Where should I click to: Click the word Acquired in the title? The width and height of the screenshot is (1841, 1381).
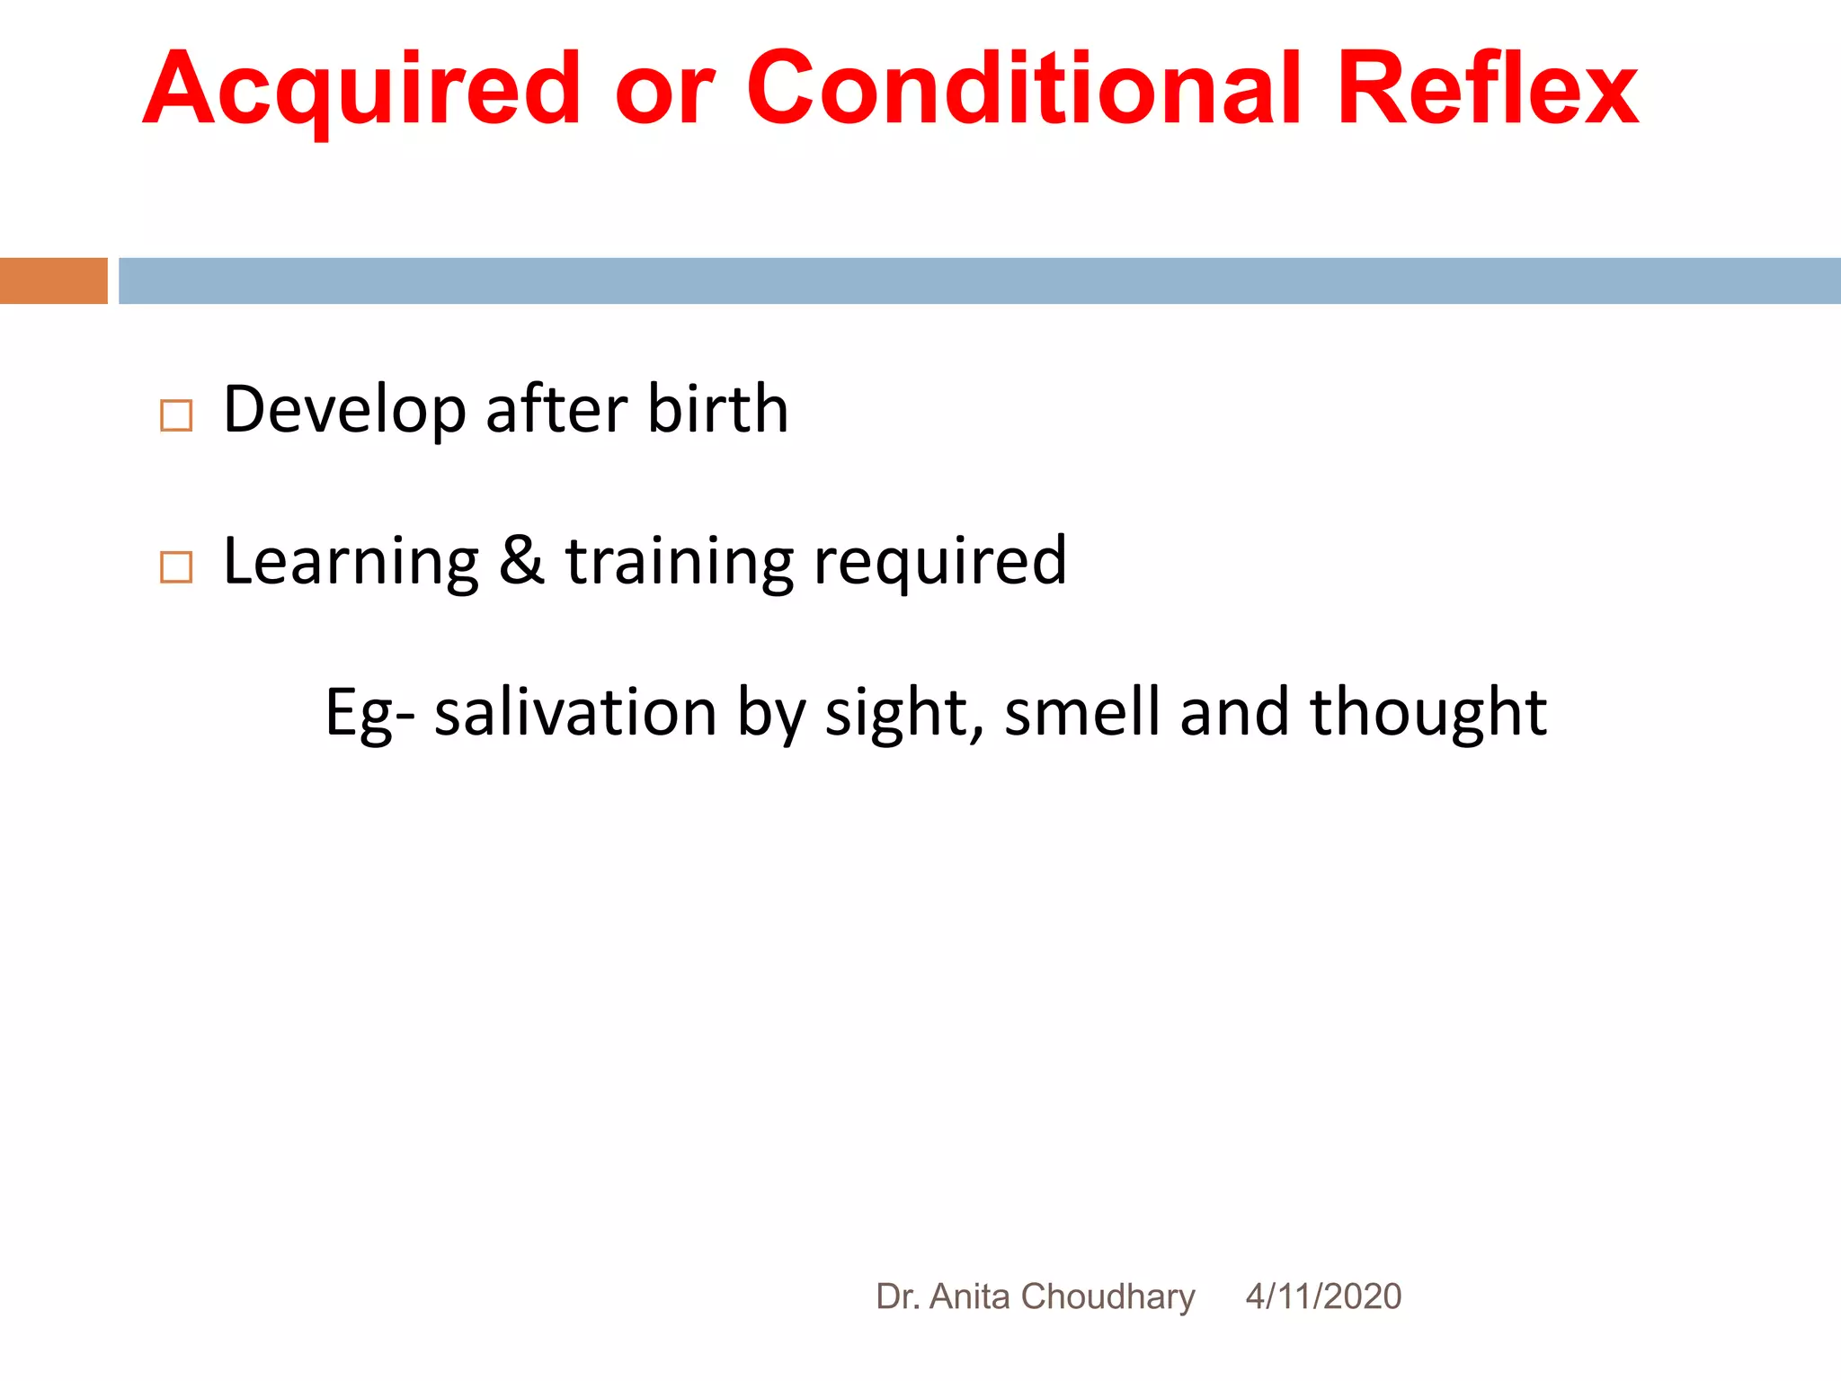pos(362,90)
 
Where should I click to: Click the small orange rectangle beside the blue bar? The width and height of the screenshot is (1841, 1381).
pos(53,281)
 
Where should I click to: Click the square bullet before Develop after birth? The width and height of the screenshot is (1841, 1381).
pos(176,415)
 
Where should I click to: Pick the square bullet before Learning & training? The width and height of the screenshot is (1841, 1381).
pos(176,567)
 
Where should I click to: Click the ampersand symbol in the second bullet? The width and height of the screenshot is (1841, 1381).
pos(521,560)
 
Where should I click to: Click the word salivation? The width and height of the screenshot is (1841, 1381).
pos(575,712)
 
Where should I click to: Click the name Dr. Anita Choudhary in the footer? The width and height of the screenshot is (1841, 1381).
pos(1036,1296)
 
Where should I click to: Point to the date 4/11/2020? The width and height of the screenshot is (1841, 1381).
pos(1323,1296)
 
